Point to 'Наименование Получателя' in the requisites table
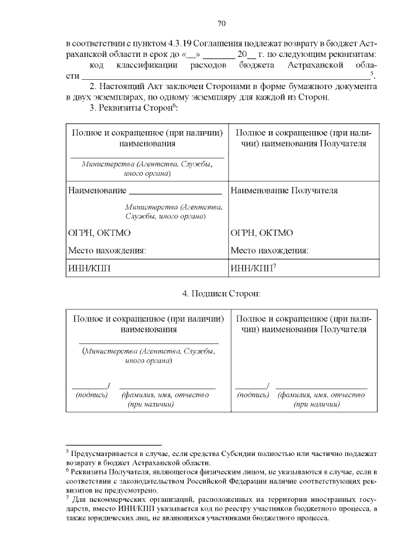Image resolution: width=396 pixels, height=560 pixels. [284, 191]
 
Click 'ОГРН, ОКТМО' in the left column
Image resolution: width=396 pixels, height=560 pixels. [99, 233]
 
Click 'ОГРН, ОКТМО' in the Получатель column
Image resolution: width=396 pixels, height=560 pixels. [262, 233]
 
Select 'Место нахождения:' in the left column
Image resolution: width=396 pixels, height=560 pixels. [106, 251]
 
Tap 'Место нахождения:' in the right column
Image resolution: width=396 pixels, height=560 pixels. [270, 251]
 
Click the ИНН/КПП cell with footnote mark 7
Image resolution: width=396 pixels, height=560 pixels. [253, 269]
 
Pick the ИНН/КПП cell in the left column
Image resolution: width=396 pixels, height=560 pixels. [92, 269]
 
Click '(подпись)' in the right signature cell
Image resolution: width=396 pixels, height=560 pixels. [252, 394]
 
